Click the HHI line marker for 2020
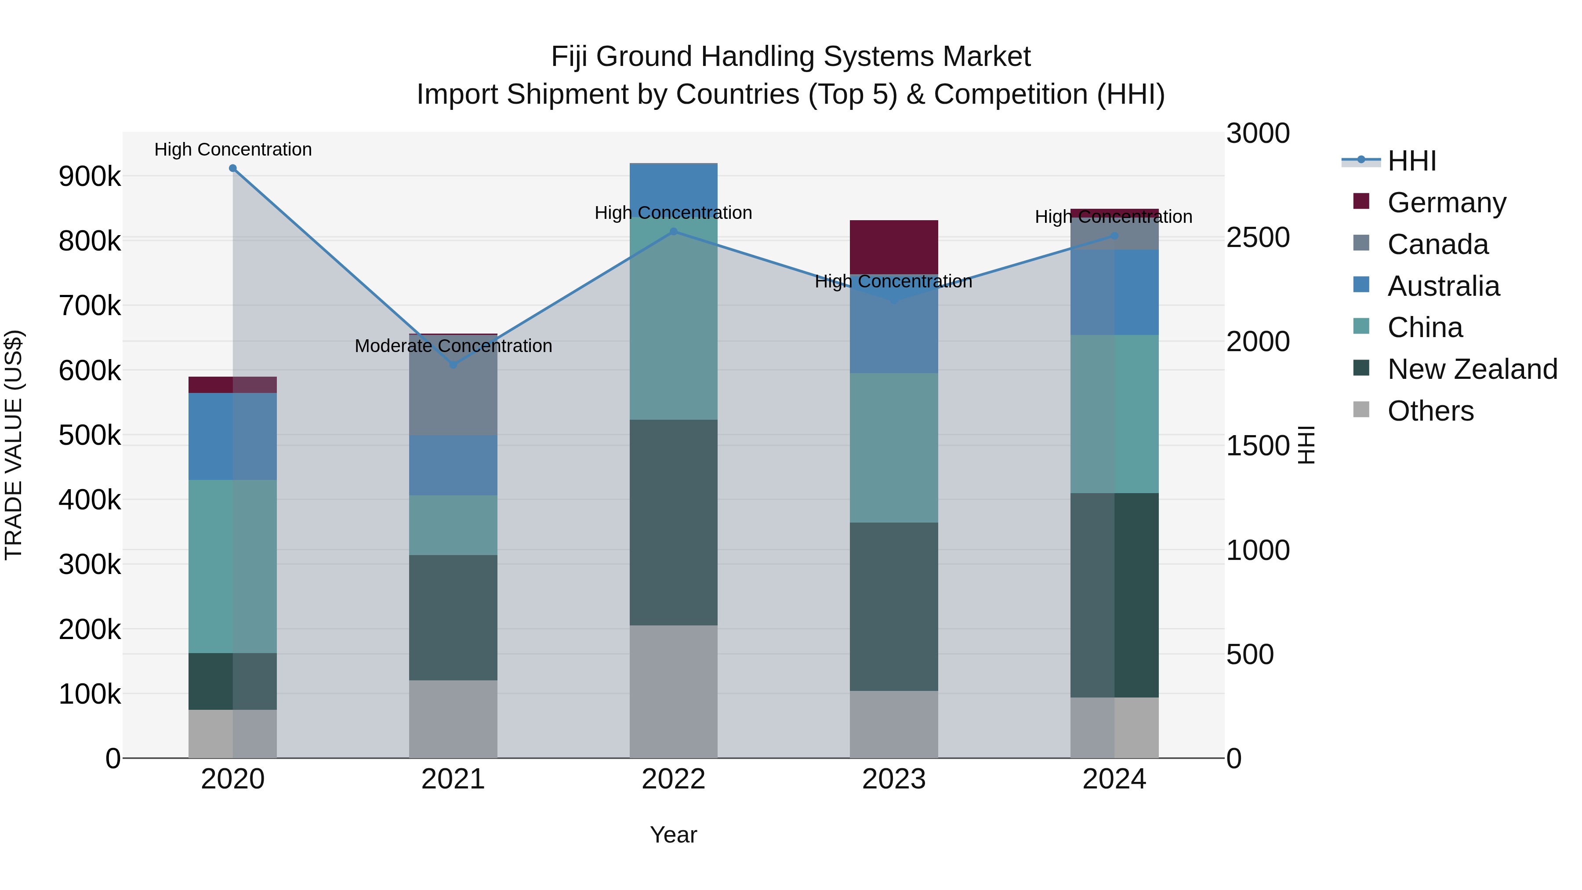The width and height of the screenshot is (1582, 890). [x=233, y=168]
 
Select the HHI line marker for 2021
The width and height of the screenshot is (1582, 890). [x=453, y=365]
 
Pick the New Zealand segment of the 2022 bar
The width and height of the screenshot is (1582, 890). [x=673, y=522]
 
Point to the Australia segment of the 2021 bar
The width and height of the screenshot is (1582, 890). [x=453, y=465]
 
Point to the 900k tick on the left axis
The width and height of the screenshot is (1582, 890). [x=90, y=177]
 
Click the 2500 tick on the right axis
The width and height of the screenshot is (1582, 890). [x=1258, y=238]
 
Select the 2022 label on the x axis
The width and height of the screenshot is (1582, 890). [x=673, y=779]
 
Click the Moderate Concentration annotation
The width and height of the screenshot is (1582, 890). [x=453, y=346]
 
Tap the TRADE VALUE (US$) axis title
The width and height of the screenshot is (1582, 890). [x=14, y=445]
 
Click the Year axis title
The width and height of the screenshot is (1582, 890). [x=673, y=835]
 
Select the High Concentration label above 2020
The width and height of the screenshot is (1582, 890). [x=233, y=149]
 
